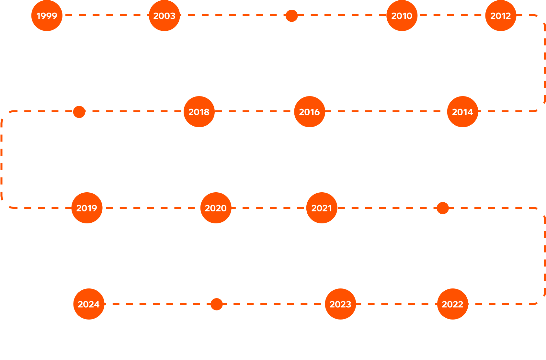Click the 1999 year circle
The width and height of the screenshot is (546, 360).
click(47, 16)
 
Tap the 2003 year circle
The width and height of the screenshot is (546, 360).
click(164, 16)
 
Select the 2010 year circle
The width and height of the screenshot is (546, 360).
click(402, 16)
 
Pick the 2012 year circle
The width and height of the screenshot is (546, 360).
click(500, 16)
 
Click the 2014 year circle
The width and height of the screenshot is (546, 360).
click(462, 112)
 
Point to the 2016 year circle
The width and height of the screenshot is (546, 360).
click(309, 112)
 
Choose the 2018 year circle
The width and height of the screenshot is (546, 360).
click(199, 112)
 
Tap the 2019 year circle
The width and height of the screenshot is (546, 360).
click(86, 208)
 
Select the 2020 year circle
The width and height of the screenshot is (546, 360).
click(216, 208)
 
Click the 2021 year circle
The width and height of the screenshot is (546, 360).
click(322, 208)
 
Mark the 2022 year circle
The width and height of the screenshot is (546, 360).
click(452, 304)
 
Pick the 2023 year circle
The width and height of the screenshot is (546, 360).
click(340, 304)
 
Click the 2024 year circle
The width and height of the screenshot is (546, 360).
click(89, 304)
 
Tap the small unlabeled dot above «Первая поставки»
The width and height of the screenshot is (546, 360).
click(291, 16)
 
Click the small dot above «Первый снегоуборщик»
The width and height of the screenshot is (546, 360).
click(79, 112)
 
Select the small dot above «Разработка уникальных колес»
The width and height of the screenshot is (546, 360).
click(443, 208)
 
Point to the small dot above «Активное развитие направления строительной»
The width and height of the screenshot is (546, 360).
click(217, 304)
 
